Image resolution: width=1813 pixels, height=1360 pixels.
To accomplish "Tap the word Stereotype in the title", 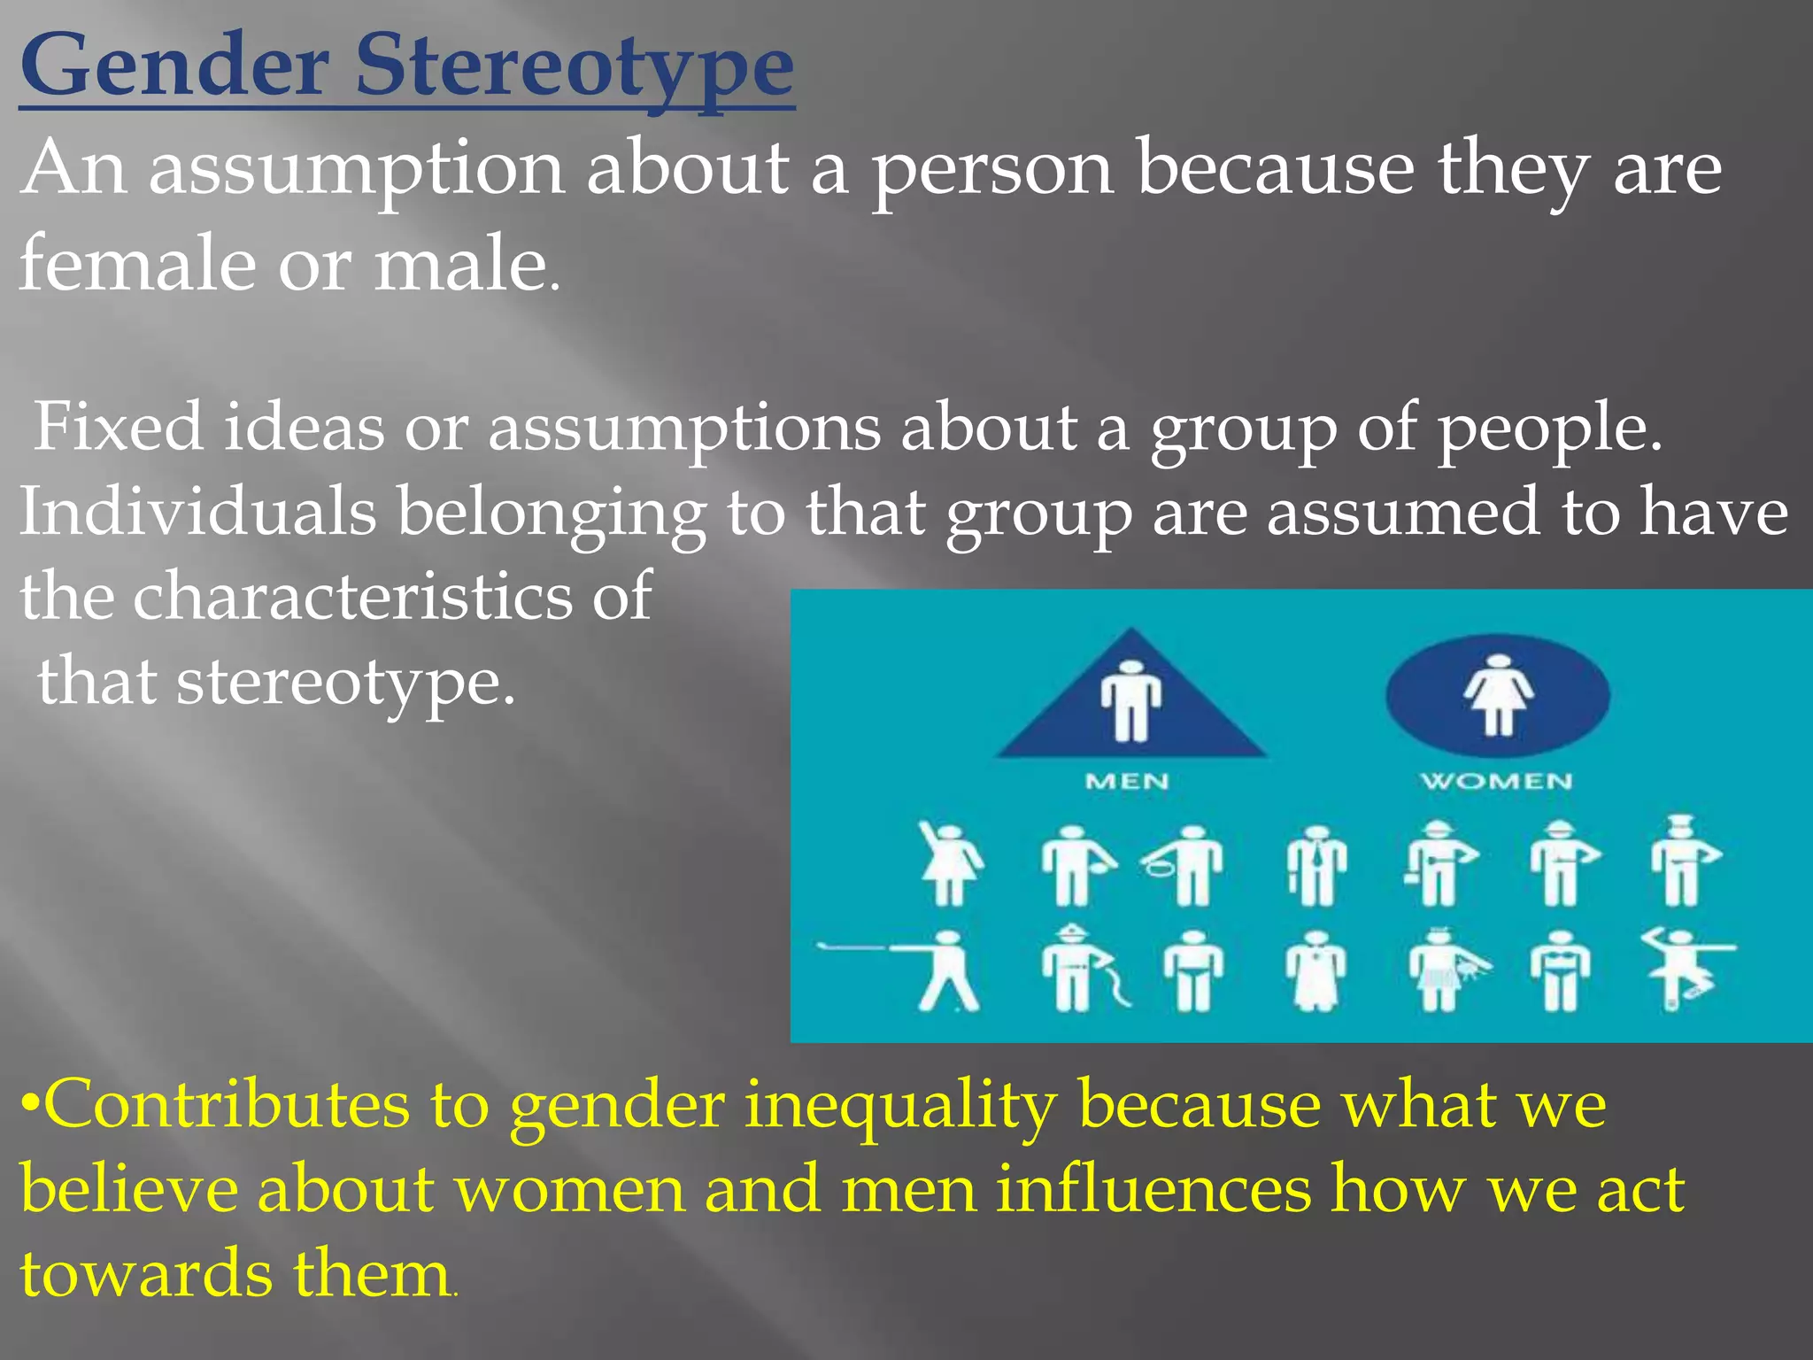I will click(x=575, y=67).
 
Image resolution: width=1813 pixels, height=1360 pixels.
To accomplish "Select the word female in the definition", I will click(x=137, y=263).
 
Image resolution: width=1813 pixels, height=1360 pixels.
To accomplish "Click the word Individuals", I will click(x=197, y=513).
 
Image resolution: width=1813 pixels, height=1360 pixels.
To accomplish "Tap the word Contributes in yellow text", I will click(x=225, y=1106).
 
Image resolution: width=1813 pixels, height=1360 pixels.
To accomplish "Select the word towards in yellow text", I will click(x=145, y=1274).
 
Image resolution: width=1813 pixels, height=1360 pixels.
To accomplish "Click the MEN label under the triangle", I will click(x=1127, y=781).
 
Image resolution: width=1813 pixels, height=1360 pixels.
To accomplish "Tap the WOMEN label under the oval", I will click(x=1497, y=781).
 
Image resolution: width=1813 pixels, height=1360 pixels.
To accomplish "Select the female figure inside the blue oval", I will click(x=1498, y=693).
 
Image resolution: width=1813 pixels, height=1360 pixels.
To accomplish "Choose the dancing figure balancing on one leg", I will click(x=1682, y=969).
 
